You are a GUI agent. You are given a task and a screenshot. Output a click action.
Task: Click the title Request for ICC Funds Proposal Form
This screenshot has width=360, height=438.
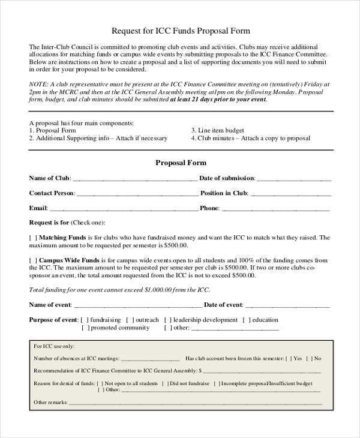181,31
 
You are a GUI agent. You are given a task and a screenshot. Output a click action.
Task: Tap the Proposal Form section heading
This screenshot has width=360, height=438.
181,163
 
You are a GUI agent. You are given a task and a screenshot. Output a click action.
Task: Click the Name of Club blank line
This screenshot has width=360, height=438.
134,179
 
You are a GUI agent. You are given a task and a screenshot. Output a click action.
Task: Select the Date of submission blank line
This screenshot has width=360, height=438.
294,179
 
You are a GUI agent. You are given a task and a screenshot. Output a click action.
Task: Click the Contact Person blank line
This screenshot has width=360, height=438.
137,194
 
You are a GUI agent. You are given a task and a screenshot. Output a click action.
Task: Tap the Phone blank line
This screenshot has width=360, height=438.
275,209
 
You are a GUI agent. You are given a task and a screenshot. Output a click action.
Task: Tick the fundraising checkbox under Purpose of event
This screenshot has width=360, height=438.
85,320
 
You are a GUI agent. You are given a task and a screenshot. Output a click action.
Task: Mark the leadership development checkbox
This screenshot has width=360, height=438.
169,320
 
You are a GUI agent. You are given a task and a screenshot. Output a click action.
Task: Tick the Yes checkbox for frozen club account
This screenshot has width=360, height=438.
289,358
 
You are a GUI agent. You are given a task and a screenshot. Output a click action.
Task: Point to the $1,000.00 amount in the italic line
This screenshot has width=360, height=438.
161,290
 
